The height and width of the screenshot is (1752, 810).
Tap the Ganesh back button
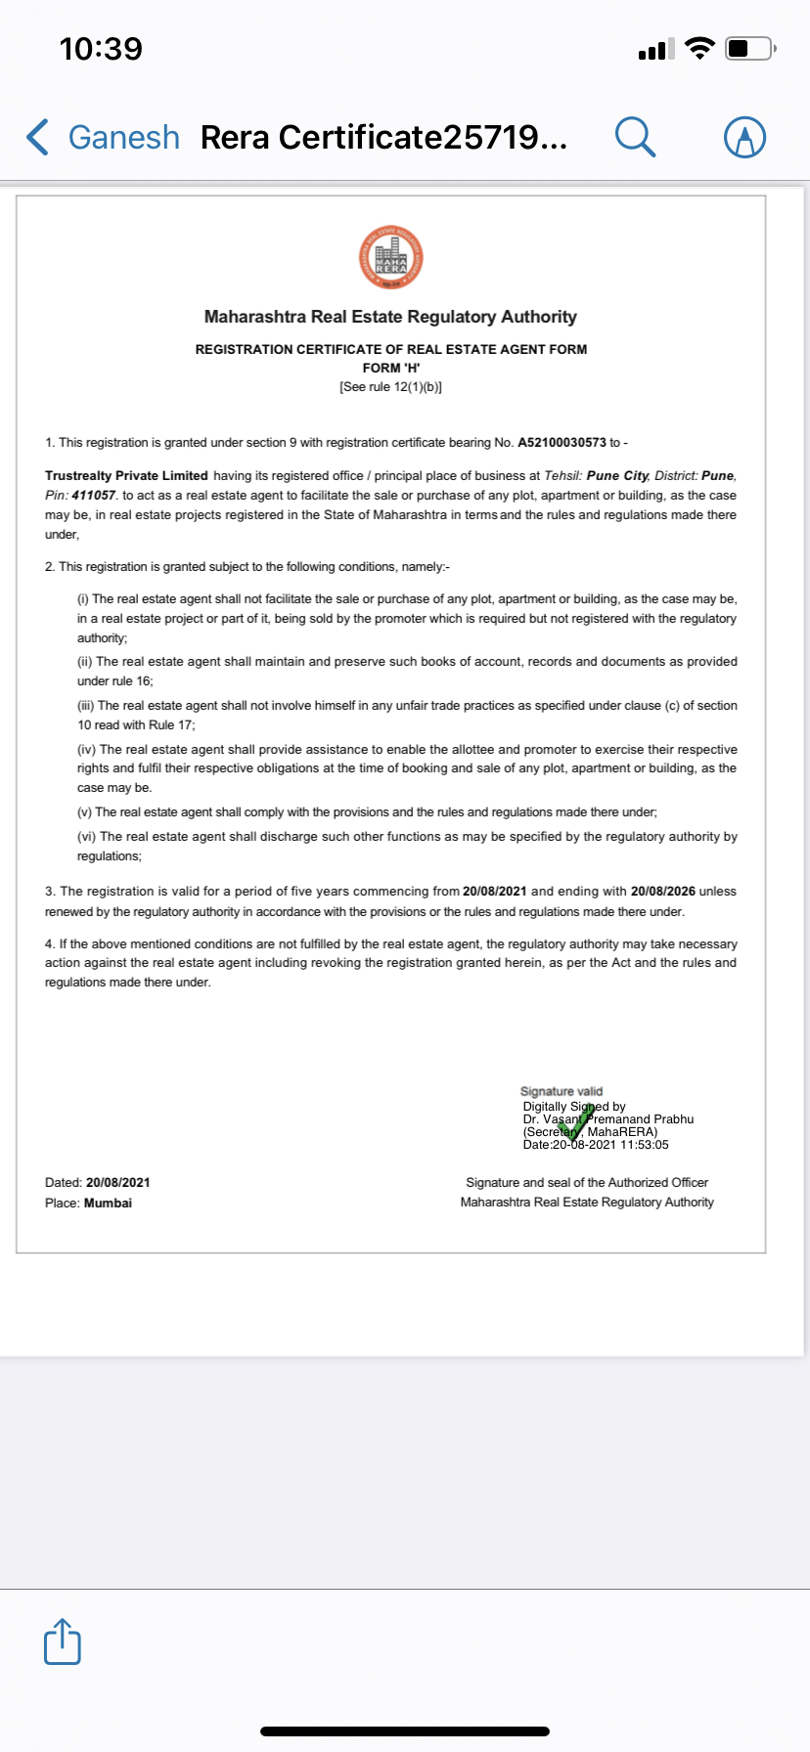104,138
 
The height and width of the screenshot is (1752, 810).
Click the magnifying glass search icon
635,137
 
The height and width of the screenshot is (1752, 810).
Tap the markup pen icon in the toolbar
744,138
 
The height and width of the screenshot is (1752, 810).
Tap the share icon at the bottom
63,1641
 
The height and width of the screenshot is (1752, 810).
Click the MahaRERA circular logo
391,257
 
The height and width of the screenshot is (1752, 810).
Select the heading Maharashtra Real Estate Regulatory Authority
390,317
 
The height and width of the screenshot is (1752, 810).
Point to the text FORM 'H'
391,368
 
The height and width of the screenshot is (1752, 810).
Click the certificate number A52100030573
562,443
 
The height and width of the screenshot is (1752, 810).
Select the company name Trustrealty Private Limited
126,476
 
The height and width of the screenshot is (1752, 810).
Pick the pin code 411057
94,496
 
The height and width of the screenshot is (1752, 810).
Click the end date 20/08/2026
663,892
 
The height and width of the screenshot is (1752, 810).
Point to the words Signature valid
562,1091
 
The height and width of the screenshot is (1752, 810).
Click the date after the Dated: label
118,1183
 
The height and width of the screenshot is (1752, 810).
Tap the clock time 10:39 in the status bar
101,48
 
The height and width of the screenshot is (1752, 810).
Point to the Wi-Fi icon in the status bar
699,48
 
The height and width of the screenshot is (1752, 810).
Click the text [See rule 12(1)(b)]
391,387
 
